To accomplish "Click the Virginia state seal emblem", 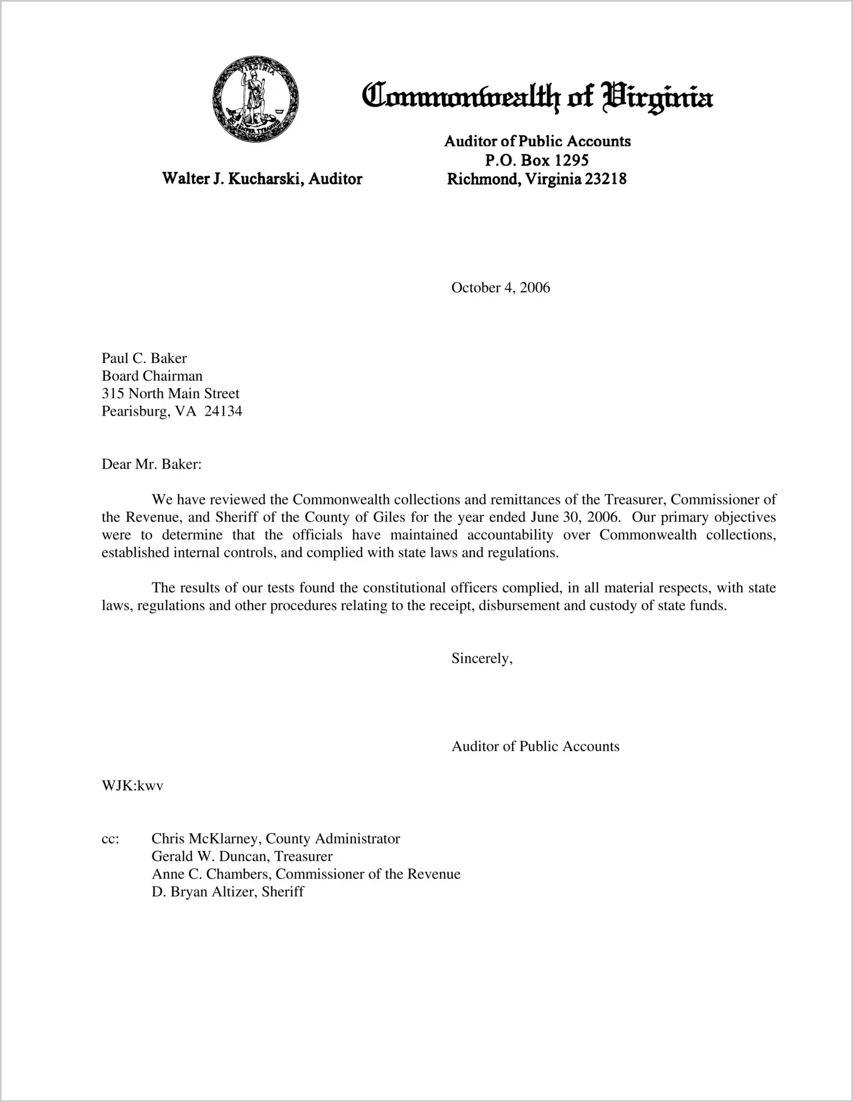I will click(255, 99).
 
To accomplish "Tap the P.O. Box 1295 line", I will click(537, 160).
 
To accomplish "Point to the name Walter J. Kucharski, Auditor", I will click(262, 179).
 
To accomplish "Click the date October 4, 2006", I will click(500, 288).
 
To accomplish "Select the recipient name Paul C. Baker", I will click(144, 358).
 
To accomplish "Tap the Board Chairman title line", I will click(152, 376).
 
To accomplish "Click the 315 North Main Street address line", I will click(170, 394).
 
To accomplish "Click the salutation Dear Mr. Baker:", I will click(151, 465).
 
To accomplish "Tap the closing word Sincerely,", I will click(482, 659).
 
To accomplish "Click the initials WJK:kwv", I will click(132, 786).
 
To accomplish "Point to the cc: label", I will click(110, 839).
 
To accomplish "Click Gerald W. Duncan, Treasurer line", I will click(242, 857).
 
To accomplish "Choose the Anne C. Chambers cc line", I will click(305, 874).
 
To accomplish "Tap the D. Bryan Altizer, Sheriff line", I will click(227, 892).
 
